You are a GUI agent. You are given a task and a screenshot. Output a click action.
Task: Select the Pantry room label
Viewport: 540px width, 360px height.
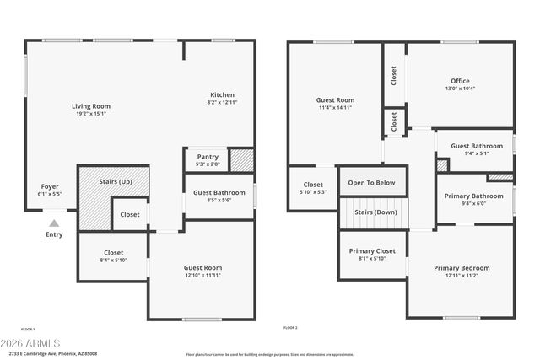tap(208, 157)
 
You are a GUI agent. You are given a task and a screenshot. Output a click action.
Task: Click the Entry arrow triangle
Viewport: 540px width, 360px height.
tap(53, 223)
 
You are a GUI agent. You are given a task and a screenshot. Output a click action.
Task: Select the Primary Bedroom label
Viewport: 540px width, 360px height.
tap(462, 268)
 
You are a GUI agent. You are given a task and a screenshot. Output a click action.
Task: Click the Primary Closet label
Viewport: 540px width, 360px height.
tap(373, 251)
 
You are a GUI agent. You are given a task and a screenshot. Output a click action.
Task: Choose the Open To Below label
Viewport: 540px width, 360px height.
tap(372, 182)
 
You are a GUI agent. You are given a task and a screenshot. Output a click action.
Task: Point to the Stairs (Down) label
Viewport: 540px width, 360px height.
tap(375, 212)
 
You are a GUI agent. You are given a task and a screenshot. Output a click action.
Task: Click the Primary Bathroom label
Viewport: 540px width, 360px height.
tap(473, 196)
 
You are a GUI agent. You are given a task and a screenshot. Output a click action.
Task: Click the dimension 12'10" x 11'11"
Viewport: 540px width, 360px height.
tap(202, 275)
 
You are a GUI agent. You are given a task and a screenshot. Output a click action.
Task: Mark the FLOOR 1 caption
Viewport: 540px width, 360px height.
tap(28, 328)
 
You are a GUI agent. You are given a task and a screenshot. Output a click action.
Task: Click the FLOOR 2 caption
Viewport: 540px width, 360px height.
tap(290, 328)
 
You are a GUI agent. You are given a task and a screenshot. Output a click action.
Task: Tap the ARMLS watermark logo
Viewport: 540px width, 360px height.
tap(31, 344)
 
